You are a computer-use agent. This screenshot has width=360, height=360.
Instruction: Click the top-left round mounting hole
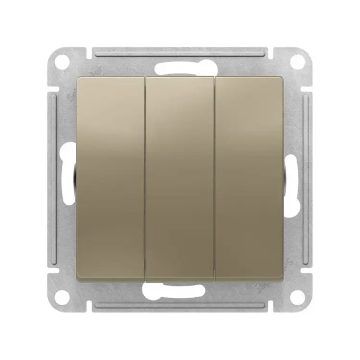point(61,61)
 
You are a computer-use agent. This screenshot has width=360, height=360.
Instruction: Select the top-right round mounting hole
point(298,61)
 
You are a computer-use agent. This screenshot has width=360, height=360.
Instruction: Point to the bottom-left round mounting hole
point(61,297)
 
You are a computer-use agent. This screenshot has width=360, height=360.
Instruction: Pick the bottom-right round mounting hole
point(298,297)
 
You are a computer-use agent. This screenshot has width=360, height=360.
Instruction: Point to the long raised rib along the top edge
point(180,50)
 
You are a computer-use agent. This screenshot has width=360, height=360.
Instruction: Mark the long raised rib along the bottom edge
point(180,307)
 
